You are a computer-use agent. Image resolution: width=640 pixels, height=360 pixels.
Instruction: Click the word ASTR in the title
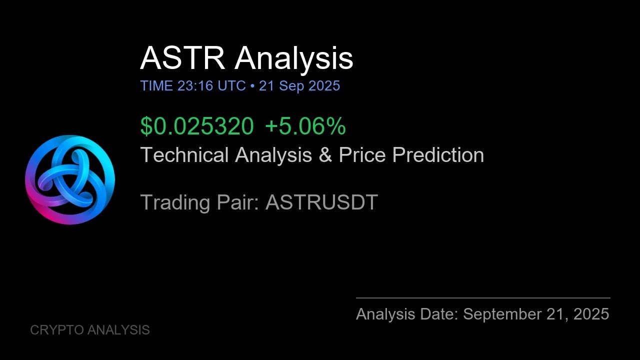click(182, 58)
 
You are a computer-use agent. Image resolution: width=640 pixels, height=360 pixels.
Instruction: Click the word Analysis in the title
click(294, 58)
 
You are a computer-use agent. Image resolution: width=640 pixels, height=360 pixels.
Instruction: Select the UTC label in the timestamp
click(231, 86)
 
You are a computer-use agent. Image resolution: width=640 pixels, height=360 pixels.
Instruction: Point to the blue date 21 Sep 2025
click(299, 86)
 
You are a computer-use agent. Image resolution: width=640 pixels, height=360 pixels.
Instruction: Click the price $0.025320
click(197, 126)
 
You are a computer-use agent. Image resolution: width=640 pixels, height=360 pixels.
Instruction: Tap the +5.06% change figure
click(305, 126)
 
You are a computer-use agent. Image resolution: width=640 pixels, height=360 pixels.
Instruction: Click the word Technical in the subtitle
click(185, 155)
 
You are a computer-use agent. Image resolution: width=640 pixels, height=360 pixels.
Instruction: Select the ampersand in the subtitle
click(325, 155)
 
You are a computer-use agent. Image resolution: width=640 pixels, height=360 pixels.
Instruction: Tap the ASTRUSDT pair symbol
click(321, 202)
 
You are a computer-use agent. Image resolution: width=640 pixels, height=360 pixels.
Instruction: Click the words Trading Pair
click(199, 202)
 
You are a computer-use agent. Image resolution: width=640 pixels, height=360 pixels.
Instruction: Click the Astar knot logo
click(70, 180)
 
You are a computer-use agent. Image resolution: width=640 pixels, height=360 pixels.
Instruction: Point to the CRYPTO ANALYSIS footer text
click(90, 330)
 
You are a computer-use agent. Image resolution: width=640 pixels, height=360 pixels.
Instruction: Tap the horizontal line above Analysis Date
click(483, 298)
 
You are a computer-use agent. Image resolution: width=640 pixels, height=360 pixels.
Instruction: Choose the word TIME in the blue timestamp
click(156, 86)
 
